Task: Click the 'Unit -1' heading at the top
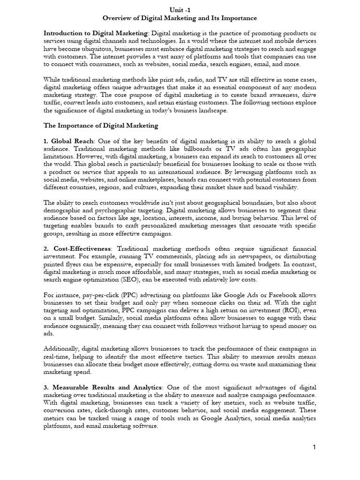(x=180, y=9)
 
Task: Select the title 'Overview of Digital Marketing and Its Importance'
(x=180, y=18)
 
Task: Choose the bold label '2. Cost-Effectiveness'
(x=78, y=248)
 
